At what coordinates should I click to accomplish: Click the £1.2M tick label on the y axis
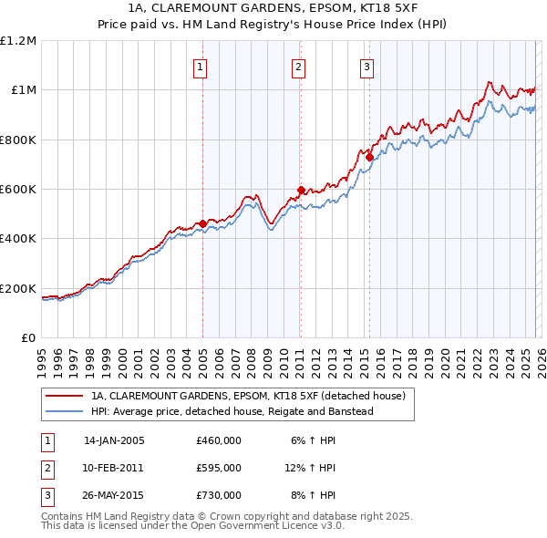(18, 41)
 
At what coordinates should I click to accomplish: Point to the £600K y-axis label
(18, 190)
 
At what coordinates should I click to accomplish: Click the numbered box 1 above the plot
(200, 66)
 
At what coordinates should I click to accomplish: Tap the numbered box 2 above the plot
(298, 66)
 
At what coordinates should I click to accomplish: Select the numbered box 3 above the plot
(366, 66)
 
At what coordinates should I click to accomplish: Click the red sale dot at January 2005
(202, 223)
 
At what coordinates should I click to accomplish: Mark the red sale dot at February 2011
(300, 191)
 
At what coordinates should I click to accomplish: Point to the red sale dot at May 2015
(369, 157)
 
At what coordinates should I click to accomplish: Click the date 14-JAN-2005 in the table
(114, 440)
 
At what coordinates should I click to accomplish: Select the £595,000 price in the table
(219, 468)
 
